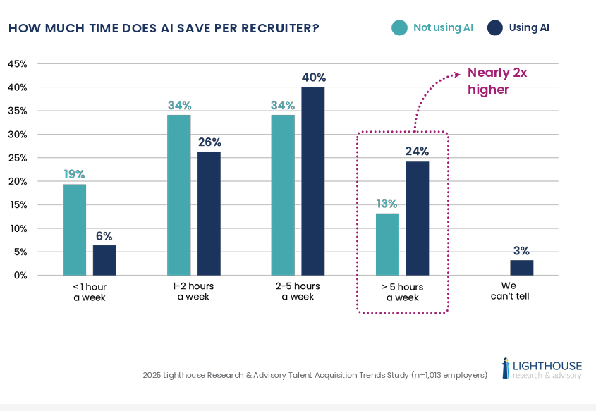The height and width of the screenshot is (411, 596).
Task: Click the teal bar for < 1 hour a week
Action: point(74,230)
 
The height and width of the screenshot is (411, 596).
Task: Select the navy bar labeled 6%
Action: point(104,260)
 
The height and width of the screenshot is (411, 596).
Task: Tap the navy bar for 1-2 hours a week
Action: point(209,214)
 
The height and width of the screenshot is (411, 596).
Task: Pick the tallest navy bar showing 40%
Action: point(313,181)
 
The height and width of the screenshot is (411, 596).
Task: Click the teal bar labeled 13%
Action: point(387,245)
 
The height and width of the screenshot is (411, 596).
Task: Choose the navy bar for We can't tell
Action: point(521,268)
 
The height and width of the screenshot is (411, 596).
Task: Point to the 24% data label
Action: point(417,151)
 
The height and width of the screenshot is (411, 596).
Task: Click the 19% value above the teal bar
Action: point(74,173)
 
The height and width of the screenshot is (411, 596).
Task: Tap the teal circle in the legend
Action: point(399,28)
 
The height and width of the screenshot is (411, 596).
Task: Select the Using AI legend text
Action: point(529,28)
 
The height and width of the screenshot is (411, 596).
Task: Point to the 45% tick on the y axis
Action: point(17,63)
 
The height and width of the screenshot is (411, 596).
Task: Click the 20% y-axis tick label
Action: point(17,181)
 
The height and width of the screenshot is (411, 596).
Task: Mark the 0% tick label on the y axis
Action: point(20,276)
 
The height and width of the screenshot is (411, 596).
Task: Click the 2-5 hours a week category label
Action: point(298,291)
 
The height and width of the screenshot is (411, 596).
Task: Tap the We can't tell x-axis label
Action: point(510,291)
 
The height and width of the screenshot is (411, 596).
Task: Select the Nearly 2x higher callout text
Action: point(497,81)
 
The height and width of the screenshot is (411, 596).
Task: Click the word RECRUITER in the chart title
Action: point(275,28)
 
